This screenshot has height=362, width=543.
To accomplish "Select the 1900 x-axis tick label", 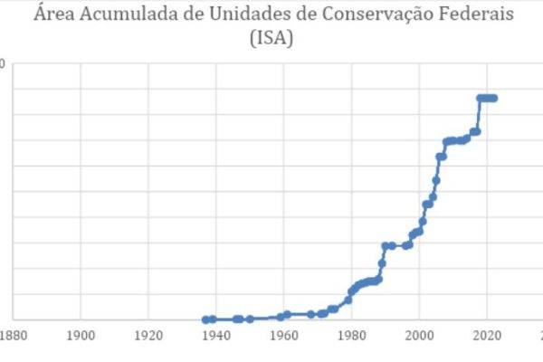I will (81, 335).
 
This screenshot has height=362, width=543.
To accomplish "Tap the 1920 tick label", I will (148, 335).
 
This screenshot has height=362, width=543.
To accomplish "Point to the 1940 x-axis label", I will (216, 335).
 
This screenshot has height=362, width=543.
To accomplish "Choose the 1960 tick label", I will (284, 335).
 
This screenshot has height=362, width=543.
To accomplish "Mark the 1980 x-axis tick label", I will (352, 335).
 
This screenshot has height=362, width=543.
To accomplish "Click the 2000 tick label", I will (420, 335).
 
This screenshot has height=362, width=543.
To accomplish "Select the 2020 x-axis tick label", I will (487, 335).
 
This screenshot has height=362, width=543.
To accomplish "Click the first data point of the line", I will (206, 319).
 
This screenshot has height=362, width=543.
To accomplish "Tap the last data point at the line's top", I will (494, 98).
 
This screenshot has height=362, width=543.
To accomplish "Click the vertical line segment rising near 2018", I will (480, 115).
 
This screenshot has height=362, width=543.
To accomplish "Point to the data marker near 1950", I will (250, 319).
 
